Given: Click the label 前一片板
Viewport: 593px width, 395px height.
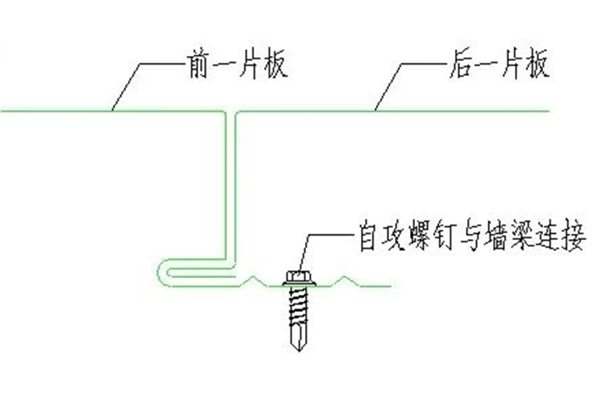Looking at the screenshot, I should click(221, 64).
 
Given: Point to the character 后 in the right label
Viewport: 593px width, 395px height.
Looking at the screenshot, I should click(459, 64).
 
